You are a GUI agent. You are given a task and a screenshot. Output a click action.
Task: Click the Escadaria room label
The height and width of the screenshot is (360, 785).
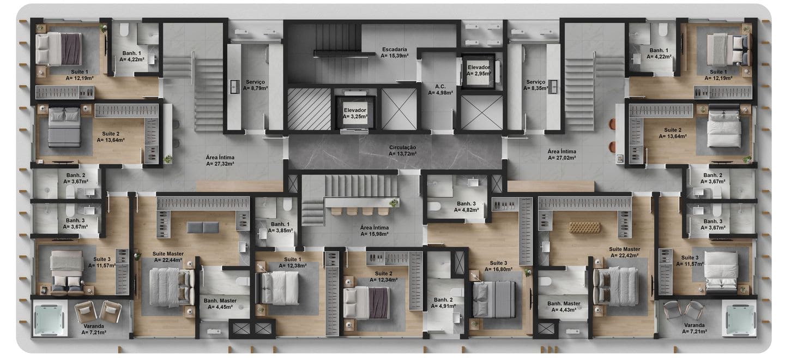click(395, 52)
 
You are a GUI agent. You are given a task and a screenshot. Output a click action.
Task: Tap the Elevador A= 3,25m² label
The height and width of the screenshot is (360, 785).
click(355, 113)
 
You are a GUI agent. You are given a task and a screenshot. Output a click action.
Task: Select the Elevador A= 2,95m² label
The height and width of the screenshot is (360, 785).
click(479, 70)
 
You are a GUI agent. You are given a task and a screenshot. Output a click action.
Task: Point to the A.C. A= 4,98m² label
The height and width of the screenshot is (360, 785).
click(440, 89)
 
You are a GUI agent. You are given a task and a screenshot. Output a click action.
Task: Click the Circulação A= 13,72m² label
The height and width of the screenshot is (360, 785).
click(403, 151)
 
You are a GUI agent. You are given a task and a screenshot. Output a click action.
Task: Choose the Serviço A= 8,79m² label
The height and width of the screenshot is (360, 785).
click(256, 85)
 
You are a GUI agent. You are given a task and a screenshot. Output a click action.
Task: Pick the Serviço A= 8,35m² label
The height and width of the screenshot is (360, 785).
click(536, 85)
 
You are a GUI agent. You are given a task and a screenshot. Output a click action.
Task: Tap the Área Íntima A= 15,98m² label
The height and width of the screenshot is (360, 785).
click(375, 231)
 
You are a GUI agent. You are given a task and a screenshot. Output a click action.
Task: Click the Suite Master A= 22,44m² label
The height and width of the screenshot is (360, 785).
click(168, 257)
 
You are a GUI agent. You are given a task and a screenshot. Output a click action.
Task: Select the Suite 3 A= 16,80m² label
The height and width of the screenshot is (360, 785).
click(498, 266)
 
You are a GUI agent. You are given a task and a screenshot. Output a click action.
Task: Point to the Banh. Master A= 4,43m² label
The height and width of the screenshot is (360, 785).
click(564, 307)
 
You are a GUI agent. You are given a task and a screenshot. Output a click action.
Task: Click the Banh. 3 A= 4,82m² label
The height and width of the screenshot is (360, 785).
click(467, 207)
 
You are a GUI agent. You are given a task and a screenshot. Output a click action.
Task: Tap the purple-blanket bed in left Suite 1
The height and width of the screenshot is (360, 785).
click(59, 49)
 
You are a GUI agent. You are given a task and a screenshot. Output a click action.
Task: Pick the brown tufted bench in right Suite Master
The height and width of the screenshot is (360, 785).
click(585, 227)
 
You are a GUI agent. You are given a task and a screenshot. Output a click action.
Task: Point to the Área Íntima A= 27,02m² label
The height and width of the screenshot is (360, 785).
click(562, 154)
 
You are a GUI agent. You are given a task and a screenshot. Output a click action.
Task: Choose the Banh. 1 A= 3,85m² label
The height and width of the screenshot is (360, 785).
click(280, 227)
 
